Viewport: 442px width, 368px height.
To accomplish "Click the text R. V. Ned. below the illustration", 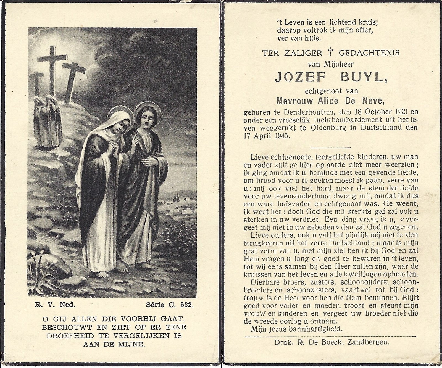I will coord(55,305).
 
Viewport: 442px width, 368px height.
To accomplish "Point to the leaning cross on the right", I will coord(73,80).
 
